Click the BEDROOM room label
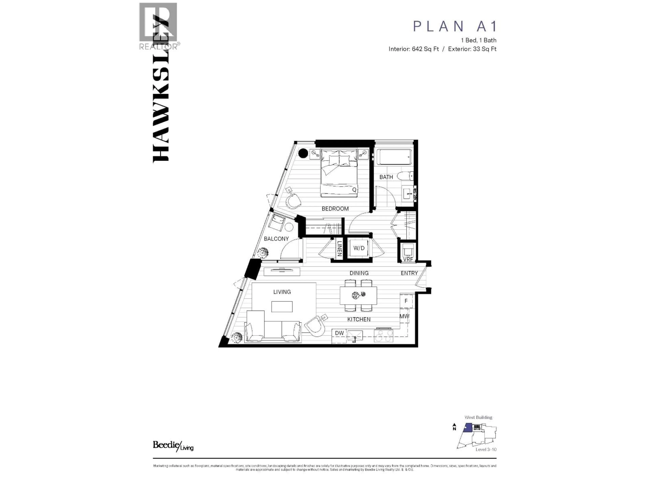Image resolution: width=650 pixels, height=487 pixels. coord(335,209)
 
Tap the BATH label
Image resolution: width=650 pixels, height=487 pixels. coord(386,177)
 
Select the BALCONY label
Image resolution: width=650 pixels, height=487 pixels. coord(276,239)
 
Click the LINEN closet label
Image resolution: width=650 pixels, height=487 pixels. coord(339,248)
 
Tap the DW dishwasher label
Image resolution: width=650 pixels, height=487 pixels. coord(339,333)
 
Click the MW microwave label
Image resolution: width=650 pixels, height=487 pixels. coord(404,316)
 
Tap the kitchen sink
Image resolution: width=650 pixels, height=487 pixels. coord(355,335)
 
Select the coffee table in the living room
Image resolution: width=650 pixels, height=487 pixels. coord(282,306)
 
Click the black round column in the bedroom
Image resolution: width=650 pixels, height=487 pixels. coord(303,153)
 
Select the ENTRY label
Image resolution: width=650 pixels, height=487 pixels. coord(409,273)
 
